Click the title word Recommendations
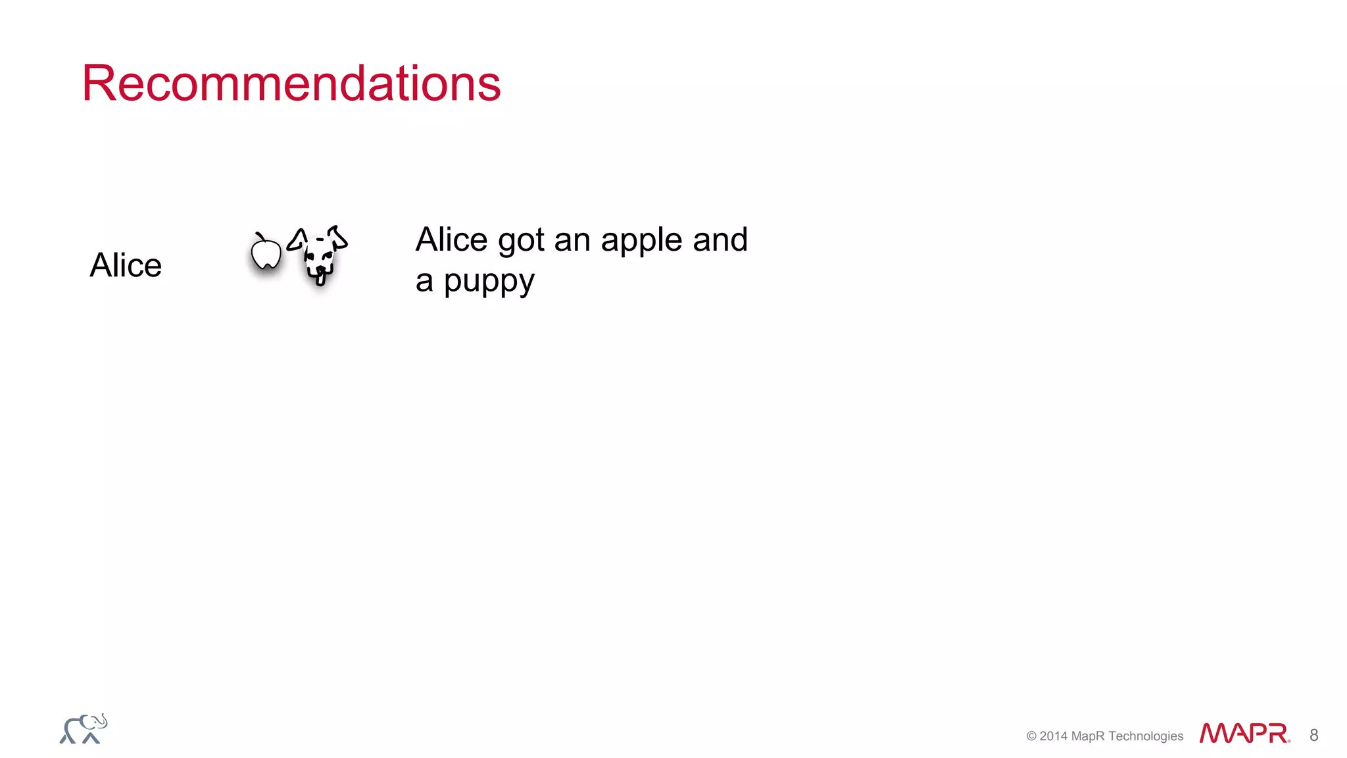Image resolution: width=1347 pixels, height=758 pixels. coord(291,84)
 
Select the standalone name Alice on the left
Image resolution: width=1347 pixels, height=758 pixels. coord(126,265)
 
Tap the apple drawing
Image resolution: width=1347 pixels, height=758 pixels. coord(266,254)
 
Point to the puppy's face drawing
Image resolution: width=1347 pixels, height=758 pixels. coord(319,257)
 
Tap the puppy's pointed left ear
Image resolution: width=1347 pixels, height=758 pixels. coord(298,240)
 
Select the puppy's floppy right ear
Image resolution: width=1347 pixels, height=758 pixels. coord(338,237)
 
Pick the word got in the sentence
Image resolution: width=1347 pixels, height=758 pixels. coord(521,241)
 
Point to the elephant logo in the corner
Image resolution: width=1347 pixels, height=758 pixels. coord(84,729)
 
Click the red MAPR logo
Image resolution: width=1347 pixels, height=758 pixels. coord(1244,733)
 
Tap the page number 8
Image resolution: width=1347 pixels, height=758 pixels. coord(1313,735)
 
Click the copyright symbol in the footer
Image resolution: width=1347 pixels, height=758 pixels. coord(1031,736)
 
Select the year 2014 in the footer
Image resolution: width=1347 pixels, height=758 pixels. coord(1054,736)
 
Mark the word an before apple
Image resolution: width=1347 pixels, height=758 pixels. coord(572,241)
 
